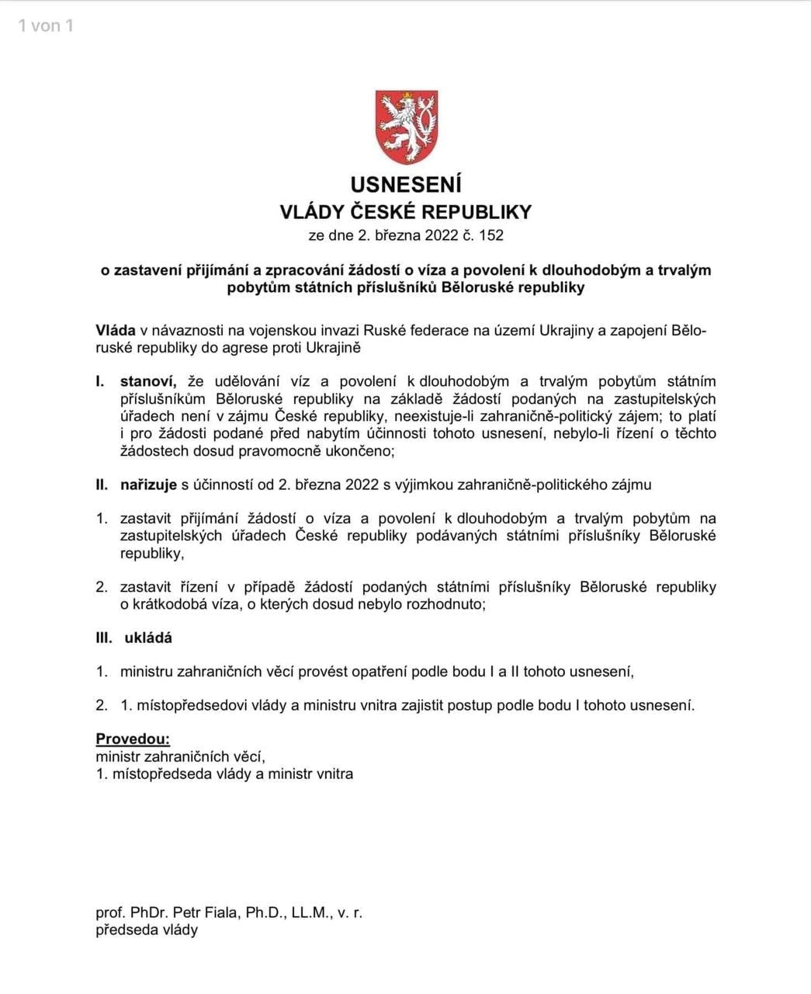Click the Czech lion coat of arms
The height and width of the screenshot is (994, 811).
406,127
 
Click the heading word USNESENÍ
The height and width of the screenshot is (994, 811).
406,185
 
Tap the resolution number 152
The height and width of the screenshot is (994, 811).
491,235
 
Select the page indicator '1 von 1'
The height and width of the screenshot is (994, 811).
46,26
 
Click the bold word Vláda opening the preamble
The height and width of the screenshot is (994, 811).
116,331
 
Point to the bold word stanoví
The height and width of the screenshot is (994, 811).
148,381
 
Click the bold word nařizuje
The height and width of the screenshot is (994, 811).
148,485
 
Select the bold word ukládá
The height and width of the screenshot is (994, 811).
148,638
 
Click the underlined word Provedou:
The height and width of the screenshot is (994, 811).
133,739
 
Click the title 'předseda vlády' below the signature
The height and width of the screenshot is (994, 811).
147,930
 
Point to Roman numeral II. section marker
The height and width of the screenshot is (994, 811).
102,485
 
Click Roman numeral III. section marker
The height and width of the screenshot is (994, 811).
104,638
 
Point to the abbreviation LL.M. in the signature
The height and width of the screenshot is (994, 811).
312,912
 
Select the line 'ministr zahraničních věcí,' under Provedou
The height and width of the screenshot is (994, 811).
181,756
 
